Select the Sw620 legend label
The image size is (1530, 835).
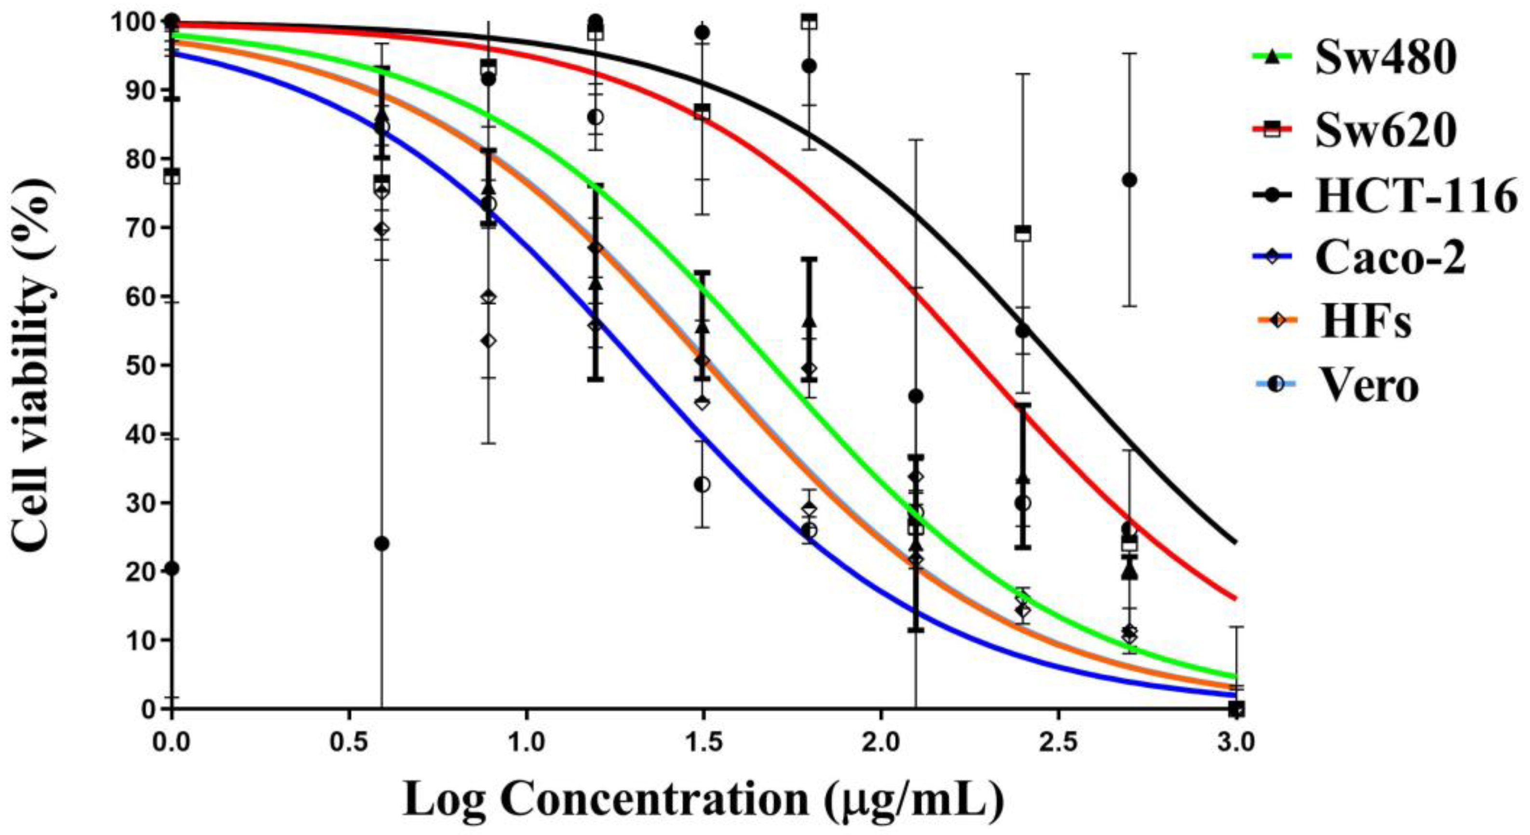pyautogui.click(x=1384, y=131)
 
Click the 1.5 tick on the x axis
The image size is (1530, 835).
pyautogui.click(x=703, y=742)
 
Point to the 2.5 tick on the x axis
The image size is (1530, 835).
pyautogui.click(x=1058, y=742)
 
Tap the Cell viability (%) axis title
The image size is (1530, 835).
pyautogui.click(x=33, y=365)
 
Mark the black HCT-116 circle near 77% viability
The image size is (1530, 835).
pyautogui.click(x=1129, y=180)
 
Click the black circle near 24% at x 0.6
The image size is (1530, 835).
pyautogui.click(x=382, y=543)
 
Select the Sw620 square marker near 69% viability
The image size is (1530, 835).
pyautogui.click(x=1023, y=233)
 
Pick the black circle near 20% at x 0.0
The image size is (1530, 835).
pyautogui.click(x=172, y=568)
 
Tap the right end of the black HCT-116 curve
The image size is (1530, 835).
pyautogui.click(x=1235, y=541)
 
